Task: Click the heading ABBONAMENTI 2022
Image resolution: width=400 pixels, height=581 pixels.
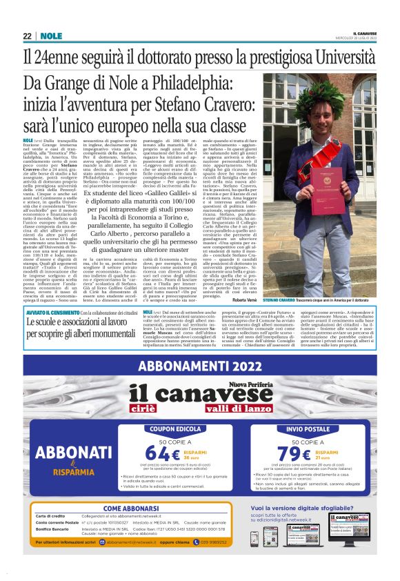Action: (199, 367)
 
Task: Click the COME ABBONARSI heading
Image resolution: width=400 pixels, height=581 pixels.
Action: (132, 508)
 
